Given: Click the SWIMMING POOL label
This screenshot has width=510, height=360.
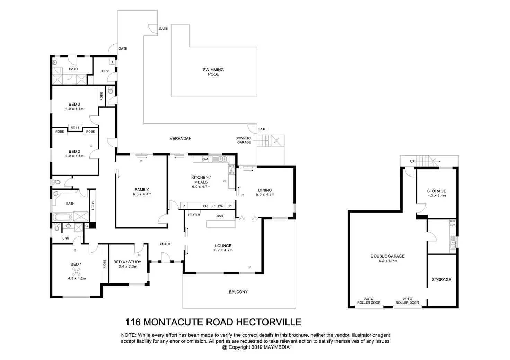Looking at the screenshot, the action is (x=213, y=72).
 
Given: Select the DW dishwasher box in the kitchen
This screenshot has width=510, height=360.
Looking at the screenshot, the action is (x=205, y=159).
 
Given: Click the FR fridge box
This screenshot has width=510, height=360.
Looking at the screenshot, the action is (x=205, y=206).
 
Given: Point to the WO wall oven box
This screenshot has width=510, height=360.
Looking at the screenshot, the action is (x=221, y=206).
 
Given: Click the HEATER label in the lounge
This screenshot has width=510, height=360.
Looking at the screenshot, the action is (x=194, y=215).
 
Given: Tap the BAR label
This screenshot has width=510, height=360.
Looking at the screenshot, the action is (x=220, y=216).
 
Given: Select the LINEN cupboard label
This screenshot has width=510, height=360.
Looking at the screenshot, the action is (x=93, y=206).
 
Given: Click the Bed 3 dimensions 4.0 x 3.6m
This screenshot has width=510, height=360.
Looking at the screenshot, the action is (x=74, y=109).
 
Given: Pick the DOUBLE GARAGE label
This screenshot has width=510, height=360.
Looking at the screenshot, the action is (x=387, y=256).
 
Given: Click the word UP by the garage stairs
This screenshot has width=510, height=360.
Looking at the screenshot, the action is (x=412, y=162).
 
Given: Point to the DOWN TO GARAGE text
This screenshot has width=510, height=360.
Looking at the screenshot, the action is (x=243, y=140).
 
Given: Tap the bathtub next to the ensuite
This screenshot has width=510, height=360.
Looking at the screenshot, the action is (x=63, y=217).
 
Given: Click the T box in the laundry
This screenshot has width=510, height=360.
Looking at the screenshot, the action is (x=112, y=62).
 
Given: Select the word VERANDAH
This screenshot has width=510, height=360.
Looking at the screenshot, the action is (x=180, y=138).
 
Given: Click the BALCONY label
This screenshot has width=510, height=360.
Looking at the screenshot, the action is (x=238, y=292).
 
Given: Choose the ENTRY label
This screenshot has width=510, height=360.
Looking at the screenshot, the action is (x=165, y=244).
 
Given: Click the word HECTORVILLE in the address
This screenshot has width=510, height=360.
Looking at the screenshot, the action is (x=269, y=322).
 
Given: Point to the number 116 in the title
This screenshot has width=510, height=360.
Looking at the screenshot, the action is (x=133, y=322).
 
